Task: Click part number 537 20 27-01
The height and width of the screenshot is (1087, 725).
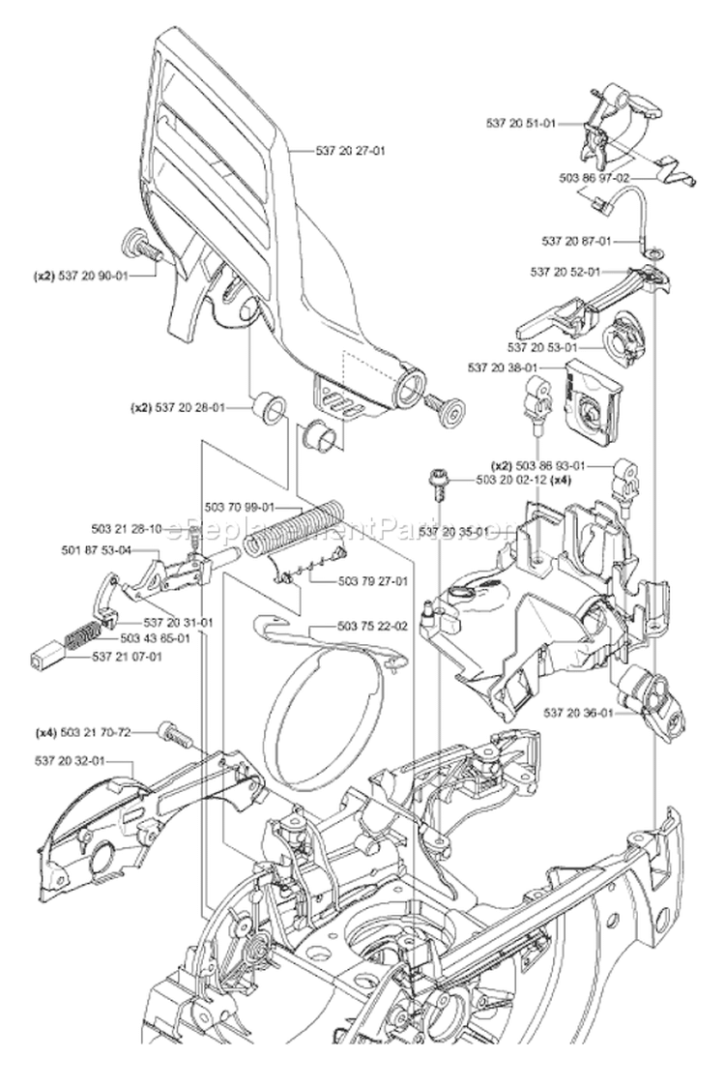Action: pyautogui.click(x=351, y=150)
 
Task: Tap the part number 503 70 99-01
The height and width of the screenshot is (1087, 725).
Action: pyautogui.click(x=240, y=507)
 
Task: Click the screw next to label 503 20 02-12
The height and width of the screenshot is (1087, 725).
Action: pyautogui.click(x=438, y=481)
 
